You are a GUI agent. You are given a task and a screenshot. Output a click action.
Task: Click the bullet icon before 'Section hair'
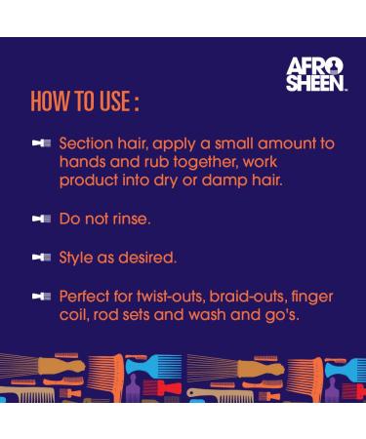coord(40,143)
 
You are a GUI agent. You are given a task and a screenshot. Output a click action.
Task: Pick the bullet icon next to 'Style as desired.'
coord(40,258)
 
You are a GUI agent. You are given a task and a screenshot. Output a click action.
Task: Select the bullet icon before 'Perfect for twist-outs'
coord(40,296)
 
